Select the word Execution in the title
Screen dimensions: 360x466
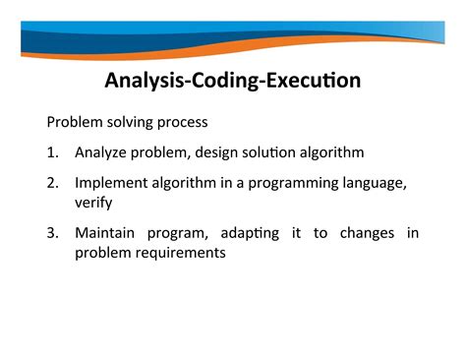(313, 80)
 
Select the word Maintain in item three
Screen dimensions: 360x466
(106, 232)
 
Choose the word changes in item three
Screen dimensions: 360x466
(366, 232)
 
